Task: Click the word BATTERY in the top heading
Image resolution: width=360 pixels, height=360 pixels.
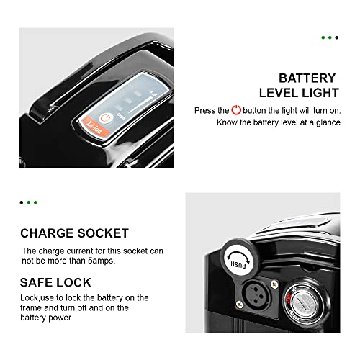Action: [x=307, y=78]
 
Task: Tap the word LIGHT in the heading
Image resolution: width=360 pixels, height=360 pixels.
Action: [x=317, y=93]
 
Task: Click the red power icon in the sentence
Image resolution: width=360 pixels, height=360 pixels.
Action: [x=235, y=111]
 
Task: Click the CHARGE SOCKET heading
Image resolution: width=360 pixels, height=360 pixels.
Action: [x=74, y=233]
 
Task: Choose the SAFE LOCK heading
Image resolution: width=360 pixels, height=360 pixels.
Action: [x=55, y=282]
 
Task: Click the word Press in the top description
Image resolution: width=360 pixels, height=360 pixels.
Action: [x=205, y=111]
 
